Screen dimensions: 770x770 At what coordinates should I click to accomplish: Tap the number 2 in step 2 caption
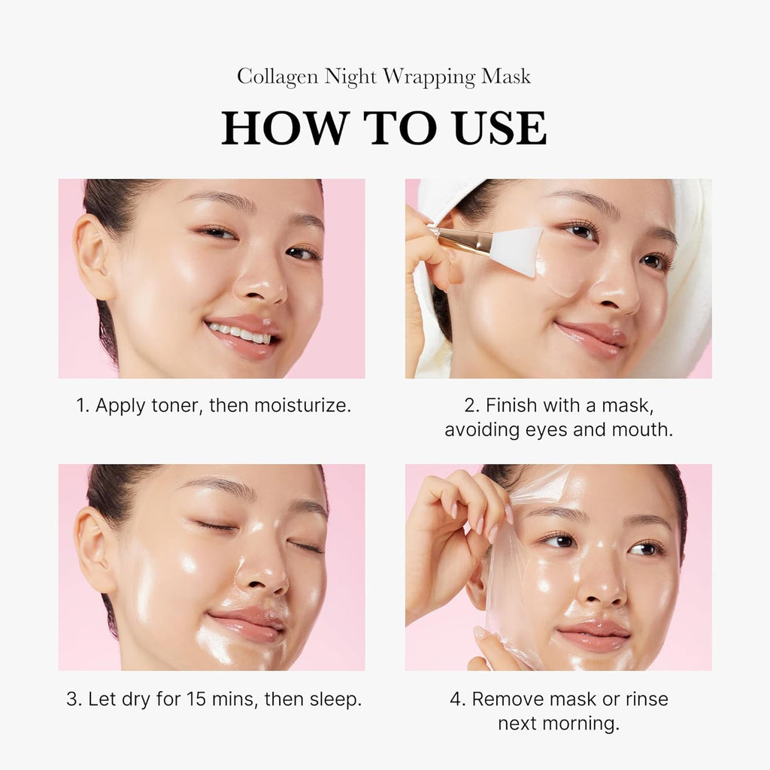(471, 405)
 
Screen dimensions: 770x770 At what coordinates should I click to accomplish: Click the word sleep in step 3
(335, 699)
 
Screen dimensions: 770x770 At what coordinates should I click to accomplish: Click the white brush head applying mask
(517, 248)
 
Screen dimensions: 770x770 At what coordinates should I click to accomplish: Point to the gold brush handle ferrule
(462, 241)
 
